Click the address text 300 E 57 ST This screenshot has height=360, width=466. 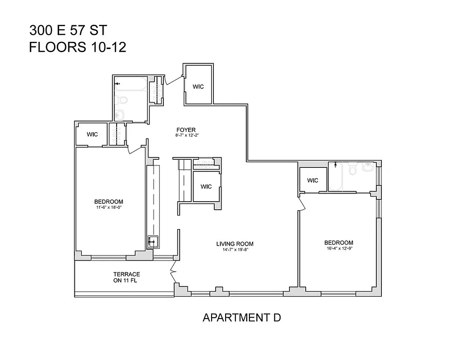tap(68, 31)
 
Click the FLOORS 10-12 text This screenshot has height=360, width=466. tap(77, 47)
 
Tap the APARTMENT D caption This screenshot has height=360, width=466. tap(242, 318)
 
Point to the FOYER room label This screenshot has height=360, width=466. tap(185, 130)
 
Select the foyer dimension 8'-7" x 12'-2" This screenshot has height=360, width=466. tap(185, 135)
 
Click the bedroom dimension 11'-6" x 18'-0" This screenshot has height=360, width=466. tap(109, 208)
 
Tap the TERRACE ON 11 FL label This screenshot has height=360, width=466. tap(127, 278)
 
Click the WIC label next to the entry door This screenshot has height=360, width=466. tap(198, 86)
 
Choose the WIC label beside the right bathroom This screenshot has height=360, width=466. tap(313, 180)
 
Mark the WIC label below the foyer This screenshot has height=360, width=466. tap(206, 186)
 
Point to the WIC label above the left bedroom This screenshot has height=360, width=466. tap(92, 134)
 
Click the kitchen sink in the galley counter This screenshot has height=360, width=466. tap(152, 242)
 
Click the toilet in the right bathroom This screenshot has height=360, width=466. tap(353, 169)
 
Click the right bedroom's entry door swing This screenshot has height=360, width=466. tap(302, 203)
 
